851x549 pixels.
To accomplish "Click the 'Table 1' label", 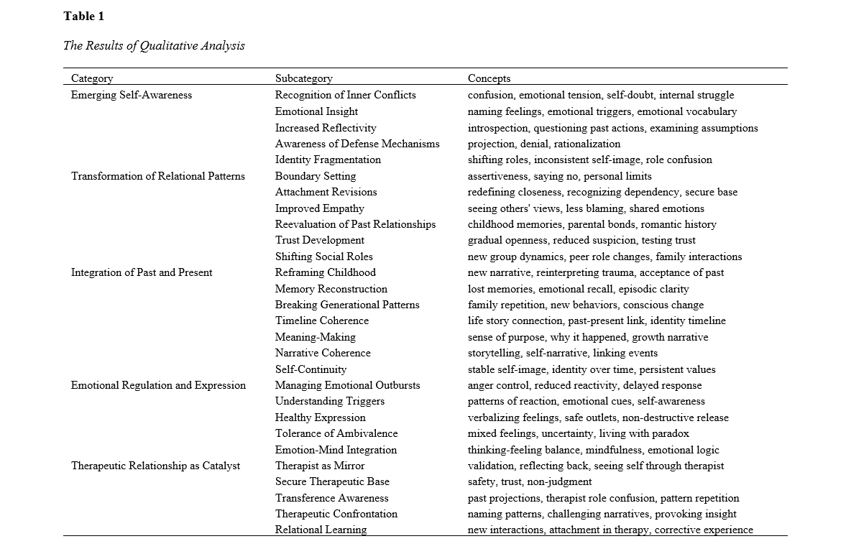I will [x=83, y=16].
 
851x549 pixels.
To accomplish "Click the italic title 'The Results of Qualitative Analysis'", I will [x=154, y=45].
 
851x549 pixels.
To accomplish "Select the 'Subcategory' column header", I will [x=303, y=78].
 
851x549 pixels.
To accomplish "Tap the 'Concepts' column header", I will [x=489, y=78].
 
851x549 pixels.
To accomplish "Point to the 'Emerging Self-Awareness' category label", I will [x=132, y=95].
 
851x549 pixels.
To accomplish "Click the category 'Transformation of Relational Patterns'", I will [x=158, y=176].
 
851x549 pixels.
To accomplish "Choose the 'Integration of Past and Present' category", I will [x=142, y=272].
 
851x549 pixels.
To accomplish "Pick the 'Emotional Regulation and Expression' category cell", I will [x=158, y=385].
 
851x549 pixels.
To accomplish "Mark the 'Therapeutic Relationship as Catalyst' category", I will [x=155, y=466].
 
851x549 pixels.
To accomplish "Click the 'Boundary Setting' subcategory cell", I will [x=316, y=176].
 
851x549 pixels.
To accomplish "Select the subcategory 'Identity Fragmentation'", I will [x=328, y=160].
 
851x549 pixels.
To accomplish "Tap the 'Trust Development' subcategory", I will [x=319, y=240].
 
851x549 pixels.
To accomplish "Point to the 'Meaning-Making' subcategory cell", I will [x=315, y=337].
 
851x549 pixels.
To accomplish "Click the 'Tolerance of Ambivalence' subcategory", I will [x=336, y=433].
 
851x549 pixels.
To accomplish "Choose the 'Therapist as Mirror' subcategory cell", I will [x=320, y=466].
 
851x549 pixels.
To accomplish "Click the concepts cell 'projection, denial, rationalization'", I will [x=544, y=144].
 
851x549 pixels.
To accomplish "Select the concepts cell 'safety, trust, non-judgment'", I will [x=530, y=481].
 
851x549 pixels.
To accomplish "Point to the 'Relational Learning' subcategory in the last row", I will [x=321, y=530].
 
